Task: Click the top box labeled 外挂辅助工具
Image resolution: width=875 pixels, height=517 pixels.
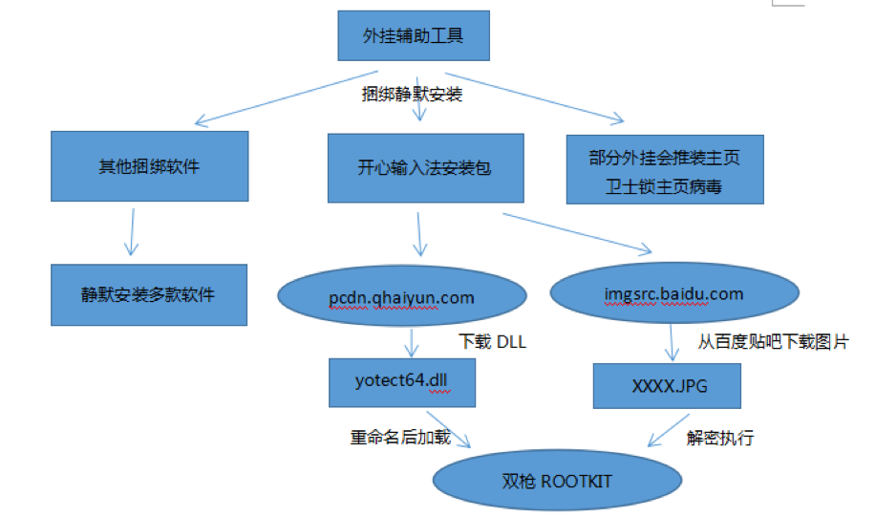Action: pos(414,35)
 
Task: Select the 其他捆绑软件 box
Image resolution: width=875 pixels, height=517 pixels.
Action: pos(150,166)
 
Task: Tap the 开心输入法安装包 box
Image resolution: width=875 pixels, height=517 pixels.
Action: pos(426,168)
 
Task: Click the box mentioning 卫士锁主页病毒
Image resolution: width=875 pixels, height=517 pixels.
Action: pos(665,170)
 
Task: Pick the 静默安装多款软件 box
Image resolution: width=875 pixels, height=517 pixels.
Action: pos(149,294)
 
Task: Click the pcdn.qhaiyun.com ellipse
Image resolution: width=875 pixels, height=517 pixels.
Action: pos(402,296)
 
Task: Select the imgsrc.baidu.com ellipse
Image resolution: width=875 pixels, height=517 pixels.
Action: pos(674,293)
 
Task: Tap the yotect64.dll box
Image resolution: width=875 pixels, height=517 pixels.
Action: pos(402,383)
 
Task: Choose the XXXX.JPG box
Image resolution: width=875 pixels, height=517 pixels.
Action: pos(667,386)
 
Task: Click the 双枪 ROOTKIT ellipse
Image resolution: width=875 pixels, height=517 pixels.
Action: pos(557,480)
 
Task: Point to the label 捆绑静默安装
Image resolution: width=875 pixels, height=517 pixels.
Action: pos(412,94)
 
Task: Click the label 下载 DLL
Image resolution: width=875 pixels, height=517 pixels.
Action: pos(492,342)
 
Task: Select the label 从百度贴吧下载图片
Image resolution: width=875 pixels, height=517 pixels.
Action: pos(774,342)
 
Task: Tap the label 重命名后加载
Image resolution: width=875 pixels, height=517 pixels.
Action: pos(400,437)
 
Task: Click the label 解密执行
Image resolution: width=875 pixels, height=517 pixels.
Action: pos(720,438)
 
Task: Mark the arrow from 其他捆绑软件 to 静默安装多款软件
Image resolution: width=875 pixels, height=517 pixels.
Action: pos(132,232)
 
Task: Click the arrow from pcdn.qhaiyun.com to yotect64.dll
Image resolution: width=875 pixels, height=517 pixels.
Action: pos(412,343)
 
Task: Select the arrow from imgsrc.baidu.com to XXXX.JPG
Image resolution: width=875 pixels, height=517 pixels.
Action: pos(672,343)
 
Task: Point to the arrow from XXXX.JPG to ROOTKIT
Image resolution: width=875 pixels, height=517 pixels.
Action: pos(669,430)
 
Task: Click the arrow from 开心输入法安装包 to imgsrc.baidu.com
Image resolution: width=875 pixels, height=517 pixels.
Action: pos(577,233)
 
